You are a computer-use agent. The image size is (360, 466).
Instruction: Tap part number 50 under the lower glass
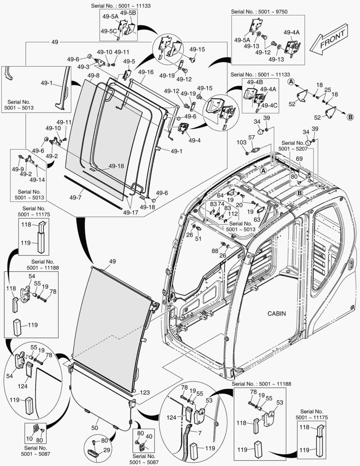pyautogui.click(x=95, y=428)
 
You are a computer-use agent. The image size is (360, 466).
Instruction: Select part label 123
pyautogui.click(x=145, y=393)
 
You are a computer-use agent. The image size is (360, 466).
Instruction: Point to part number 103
pyautogui.click(x=241, y=142)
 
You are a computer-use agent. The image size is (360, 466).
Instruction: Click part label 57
pyautogui.click(x=251, y=137)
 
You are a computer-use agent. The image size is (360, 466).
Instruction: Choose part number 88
pyautogui.click(x=215, y=251)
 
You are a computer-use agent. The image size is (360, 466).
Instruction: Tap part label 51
pyautogui.click(x=198, y=239)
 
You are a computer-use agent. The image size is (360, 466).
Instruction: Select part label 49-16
pyautogui.click(x=146, y=72)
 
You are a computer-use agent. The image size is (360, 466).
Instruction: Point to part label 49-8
pyautogui.click(x=93, y=76)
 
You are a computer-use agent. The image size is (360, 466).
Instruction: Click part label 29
pyautogui.click(x=106, y=450)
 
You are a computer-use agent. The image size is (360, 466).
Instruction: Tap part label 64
pyautogui.click(x=220, y=195)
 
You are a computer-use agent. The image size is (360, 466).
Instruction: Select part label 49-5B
pyautogui.click(x=128, y=13)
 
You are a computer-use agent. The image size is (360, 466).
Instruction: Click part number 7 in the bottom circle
pyautogui.click(x=200, y=432)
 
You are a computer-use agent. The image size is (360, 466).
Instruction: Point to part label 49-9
pyautogui.click(x=17, y=169)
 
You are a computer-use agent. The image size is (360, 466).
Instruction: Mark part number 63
pyautogui.click(x=257, y=220)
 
